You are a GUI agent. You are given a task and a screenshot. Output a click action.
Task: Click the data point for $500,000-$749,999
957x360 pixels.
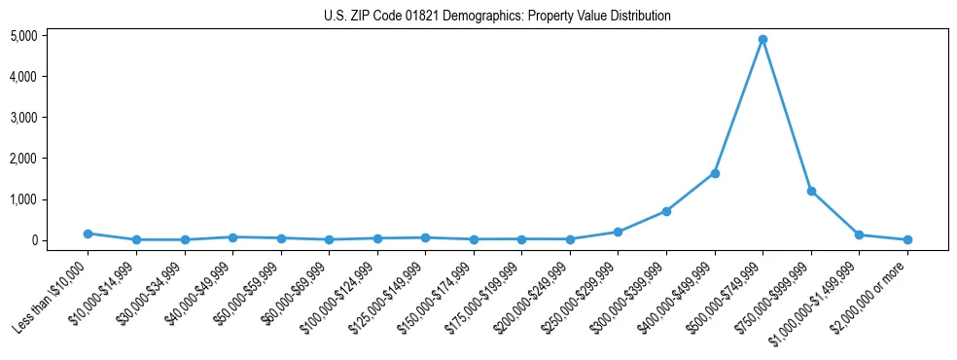tap(762, 40)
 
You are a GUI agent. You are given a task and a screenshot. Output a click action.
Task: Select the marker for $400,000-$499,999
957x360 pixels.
tap(715, 173)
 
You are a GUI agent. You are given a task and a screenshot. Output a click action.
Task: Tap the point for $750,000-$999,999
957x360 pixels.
tap(811, 191)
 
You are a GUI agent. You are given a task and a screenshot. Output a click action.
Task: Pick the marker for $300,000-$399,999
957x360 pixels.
tap(666, 211)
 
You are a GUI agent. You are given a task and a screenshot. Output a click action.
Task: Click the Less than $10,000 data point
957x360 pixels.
tap(89, 234)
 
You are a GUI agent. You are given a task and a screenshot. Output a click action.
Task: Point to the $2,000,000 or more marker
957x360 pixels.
tap(907, 239)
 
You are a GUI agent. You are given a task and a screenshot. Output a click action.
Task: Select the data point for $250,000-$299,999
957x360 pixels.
tap(618, 232)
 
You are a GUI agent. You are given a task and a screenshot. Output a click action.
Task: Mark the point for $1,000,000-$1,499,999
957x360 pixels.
tap(859, 234)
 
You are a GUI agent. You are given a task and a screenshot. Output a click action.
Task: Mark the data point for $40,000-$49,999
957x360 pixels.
tap(232, 236)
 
